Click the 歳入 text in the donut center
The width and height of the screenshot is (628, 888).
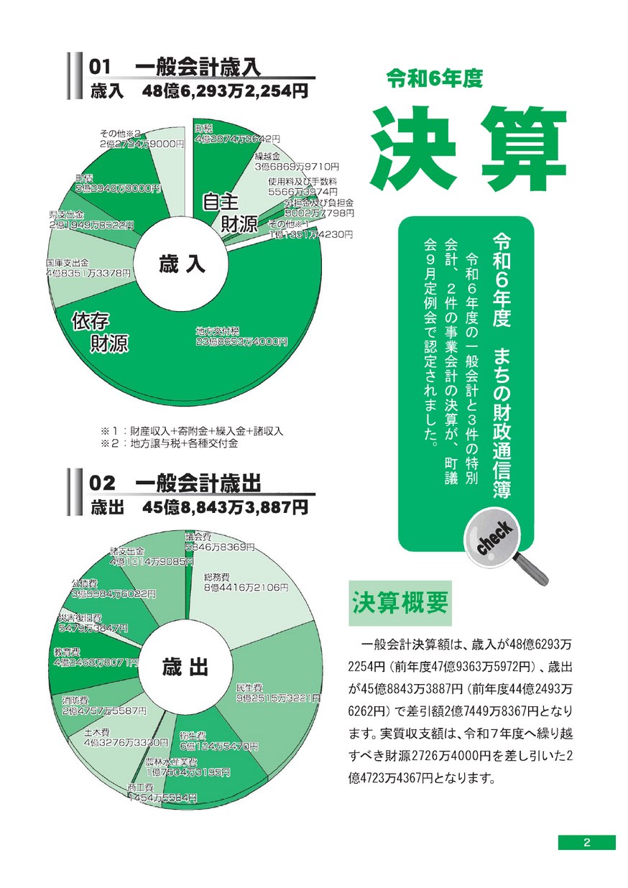click(183, 265)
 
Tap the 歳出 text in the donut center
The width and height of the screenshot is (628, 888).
click(184, 667)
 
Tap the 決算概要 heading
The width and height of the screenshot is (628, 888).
click(400, 601)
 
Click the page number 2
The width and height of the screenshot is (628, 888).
click(586, 843)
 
